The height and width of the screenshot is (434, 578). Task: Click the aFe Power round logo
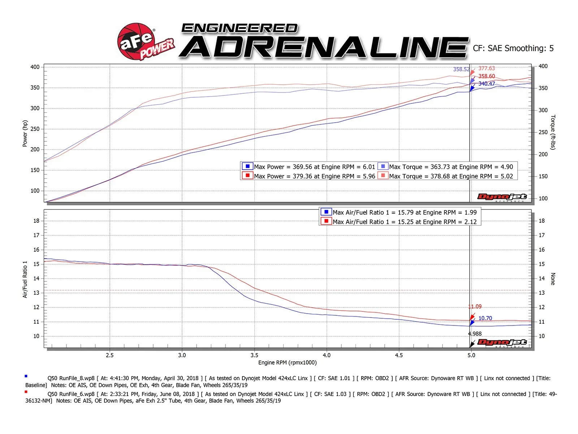click(x=137, y=41)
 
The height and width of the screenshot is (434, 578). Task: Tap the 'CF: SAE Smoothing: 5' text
click(x=513, y=48)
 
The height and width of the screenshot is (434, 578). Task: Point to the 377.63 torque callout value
click(x=487, y=68)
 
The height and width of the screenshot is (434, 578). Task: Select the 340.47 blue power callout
click(x=487, y=84)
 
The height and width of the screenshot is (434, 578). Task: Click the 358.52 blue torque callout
click(x=461, y=69)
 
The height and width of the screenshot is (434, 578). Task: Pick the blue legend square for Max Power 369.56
click(x=247, y=166)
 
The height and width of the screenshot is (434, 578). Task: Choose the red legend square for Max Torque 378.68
click(x=383, y=176)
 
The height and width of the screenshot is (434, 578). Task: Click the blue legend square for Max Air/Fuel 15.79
click(x=326, y=212)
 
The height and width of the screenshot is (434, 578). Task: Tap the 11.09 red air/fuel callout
click(x=475, y=307)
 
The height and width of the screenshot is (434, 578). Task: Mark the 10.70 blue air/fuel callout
click(x=485, y=318)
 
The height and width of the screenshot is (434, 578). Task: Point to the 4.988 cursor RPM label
click(x=475, y=334)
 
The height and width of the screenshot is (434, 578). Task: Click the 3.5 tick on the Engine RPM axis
click(x=254, y=355)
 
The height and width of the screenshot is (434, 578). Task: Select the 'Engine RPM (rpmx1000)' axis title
click(x=287, y=363)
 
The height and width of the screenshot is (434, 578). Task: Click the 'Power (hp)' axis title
click(x=25, y=133)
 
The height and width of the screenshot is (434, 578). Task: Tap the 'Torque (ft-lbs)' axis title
click(x=553, y=132)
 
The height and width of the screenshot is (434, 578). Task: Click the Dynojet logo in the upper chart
click(x=502, y=197)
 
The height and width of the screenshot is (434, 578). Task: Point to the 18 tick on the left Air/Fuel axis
click(x=36, y=221)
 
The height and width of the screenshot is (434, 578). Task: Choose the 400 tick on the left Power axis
click(x=35, y=67)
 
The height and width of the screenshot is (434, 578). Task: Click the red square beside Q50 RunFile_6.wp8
click(x=26, y=392)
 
